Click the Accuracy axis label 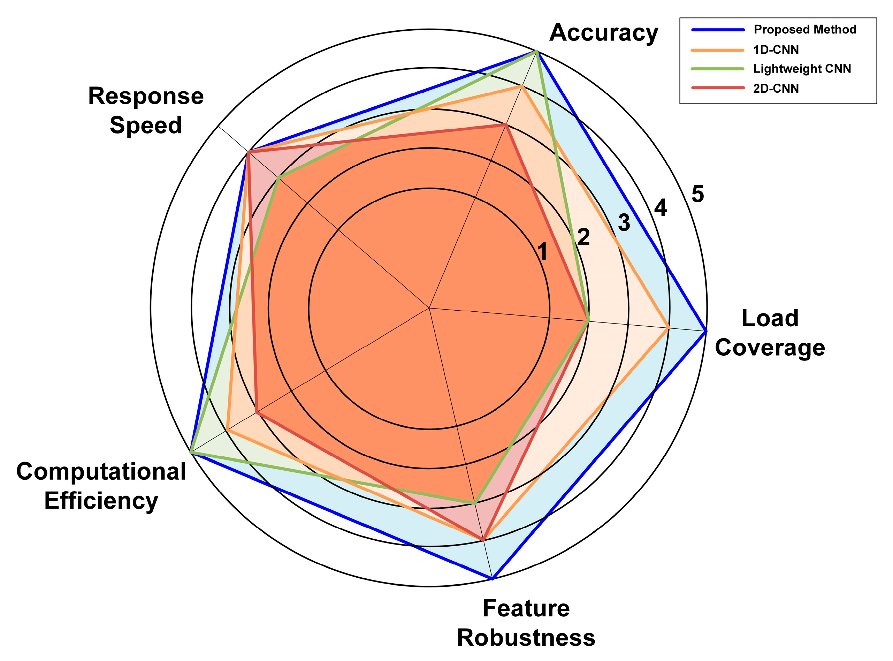[x=603, y=33]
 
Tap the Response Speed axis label [x=146, y=111]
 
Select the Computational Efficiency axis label [x=101, y=486]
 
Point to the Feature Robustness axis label [x=526, y=623]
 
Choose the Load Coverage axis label [x=770, y=333]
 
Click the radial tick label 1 [x=542, y=252]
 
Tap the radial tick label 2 [x=583, y=237]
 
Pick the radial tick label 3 [x=624, y=222]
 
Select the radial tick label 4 [x=661, y=208]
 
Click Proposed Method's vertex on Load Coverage [x=706, y=331]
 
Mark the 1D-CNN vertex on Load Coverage [x=669, y=328]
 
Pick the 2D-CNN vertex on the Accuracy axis [x=506, y=125]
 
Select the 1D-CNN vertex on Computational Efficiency [x=227, y=431]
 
